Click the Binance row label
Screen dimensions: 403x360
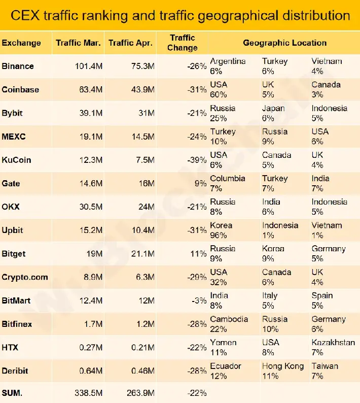coord(18,66)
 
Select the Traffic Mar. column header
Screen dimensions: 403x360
coord(79,43)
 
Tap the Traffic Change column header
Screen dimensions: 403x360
coord(183,43)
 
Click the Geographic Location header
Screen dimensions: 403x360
coord(284,43)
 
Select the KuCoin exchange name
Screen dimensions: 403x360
coord(16,160)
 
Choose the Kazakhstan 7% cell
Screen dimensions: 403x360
coord(333,347)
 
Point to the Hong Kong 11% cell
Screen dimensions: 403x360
coord(283,371)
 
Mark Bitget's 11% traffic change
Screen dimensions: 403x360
coord(198,254)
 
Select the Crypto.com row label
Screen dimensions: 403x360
coord(25,277)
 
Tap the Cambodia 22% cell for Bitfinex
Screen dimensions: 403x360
coord(229,324)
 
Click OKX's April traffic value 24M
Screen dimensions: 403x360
coord(145,207)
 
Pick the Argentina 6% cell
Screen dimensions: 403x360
coord(228,66)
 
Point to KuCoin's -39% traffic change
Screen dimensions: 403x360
coord(196,160)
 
